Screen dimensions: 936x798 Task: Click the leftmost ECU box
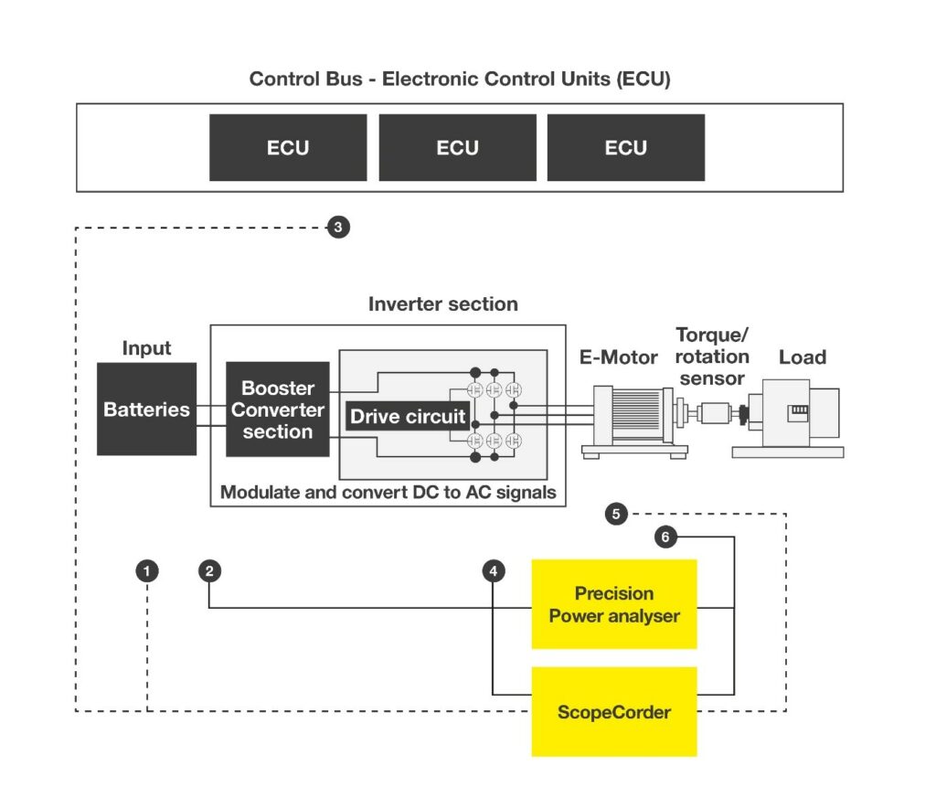pos(288,147)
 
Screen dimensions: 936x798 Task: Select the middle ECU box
pos(457,147)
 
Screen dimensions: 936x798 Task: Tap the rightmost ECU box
pos(625,147)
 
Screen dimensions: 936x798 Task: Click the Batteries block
pos(147,409)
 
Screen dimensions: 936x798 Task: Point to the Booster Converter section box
pos(278,409)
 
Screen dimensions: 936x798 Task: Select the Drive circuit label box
pos(408,416)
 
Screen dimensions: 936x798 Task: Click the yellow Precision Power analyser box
pos(614,604)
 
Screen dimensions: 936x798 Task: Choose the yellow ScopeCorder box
pos(614,711)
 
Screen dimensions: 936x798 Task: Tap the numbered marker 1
pos(147,571)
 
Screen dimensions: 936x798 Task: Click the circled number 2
pos(209,571)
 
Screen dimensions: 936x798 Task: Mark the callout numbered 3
pos(338,228)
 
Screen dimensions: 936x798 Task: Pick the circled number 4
pos(493,571)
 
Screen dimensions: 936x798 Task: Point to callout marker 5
pos(616,514)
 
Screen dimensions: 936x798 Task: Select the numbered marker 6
pos(665,537)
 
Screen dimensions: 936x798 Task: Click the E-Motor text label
pos(619,357)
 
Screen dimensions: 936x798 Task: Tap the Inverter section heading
pos(443,303)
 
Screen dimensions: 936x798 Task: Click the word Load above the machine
pos(803,357)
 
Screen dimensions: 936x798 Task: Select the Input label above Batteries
pos(146,348)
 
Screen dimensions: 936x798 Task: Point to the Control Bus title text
pos(460,79)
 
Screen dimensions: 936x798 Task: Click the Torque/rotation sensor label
pos(712,356)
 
